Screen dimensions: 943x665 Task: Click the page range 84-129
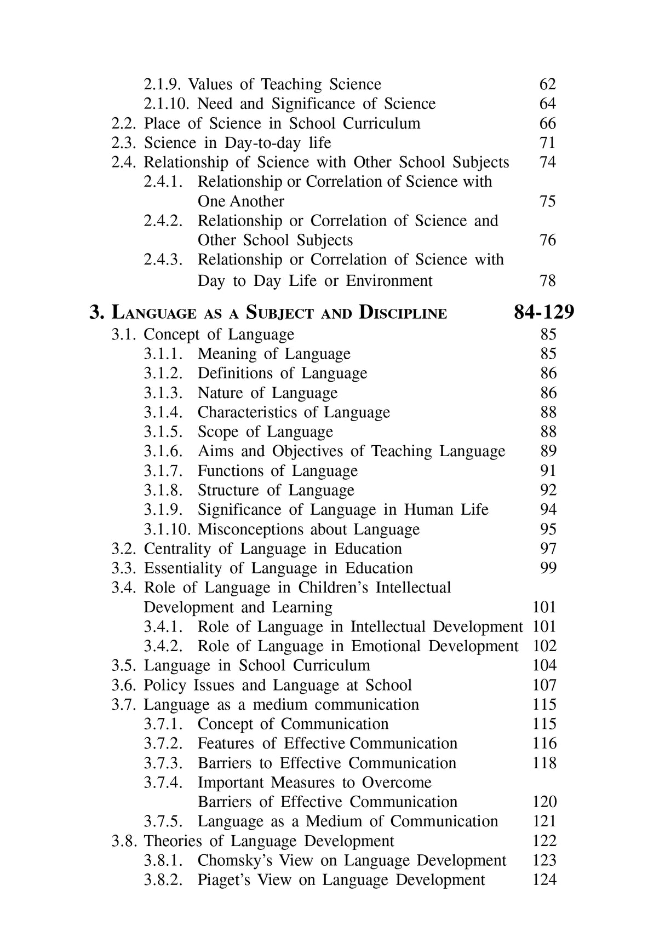(x=544, y=313)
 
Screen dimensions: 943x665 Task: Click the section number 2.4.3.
(x=163, y=260)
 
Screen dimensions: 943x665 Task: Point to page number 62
(x=547, y=84)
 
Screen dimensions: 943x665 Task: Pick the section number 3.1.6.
(x=163, y=451)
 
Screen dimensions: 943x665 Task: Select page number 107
(x=544, y=685)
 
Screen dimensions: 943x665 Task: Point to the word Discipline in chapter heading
(x=403, y=313)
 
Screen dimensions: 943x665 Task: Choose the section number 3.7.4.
(x=163, y=783)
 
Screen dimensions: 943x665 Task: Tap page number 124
(x=544, y=880)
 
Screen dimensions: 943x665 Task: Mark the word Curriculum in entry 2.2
(x=381, y=123)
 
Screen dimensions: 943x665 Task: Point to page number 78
(x=547, y=281)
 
